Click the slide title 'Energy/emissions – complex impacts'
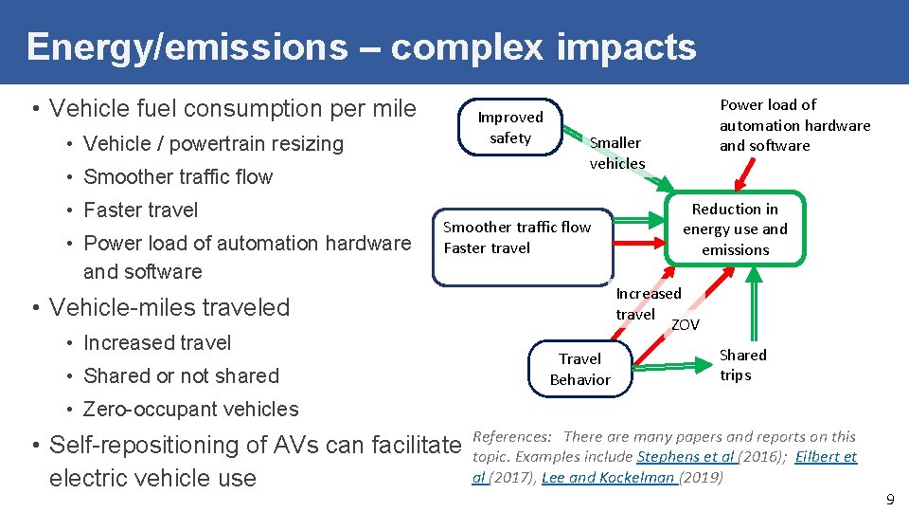click(361, 46)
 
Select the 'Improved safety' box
click(510, 128)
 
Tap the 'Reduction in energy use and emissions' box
click(735, 229)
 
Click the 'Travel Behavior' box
click(579, 369)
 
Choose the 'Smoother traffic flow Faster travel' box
click(522, 247)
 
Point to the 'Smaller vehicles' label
click(616, 153)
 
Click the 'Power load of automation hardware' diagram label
click(793, 125)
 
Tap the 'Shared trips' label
click(742, 365)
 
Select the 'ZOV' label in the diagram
click(685, 325)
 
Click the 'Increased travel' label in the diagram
click(648, 303)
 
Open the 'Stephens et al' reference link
click(686, 457)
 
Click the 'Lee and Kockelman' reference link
click(608, 478)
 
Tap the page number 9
click(889, 498)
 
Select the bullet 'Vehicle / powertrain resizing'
click(213, 144)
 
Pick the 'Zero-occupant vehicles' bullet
click(190, 410)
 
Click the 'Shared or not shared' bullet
click(181, 376)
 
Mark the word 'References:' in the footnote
click(511, 437)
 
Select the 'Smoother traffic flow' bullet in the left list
click(178, 177)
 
